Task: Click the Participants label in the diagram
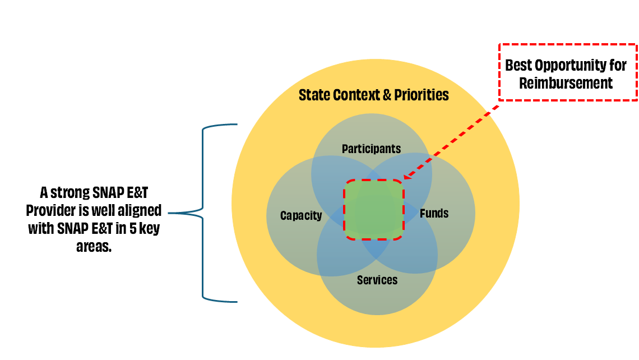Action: (371, 149)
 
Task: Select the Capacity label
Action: (301, 215)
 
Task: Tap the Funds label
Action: (434, 213)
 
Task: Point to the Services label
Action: (377, 280)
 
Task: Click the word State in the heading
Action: (314, 95)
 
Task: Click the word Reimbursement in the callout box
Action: (566, 84)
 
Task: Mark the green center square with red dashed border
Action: (373, 210)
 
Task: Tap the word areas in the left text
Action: (94, 246)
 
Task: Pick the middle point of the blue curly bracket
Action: (170, 213)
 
